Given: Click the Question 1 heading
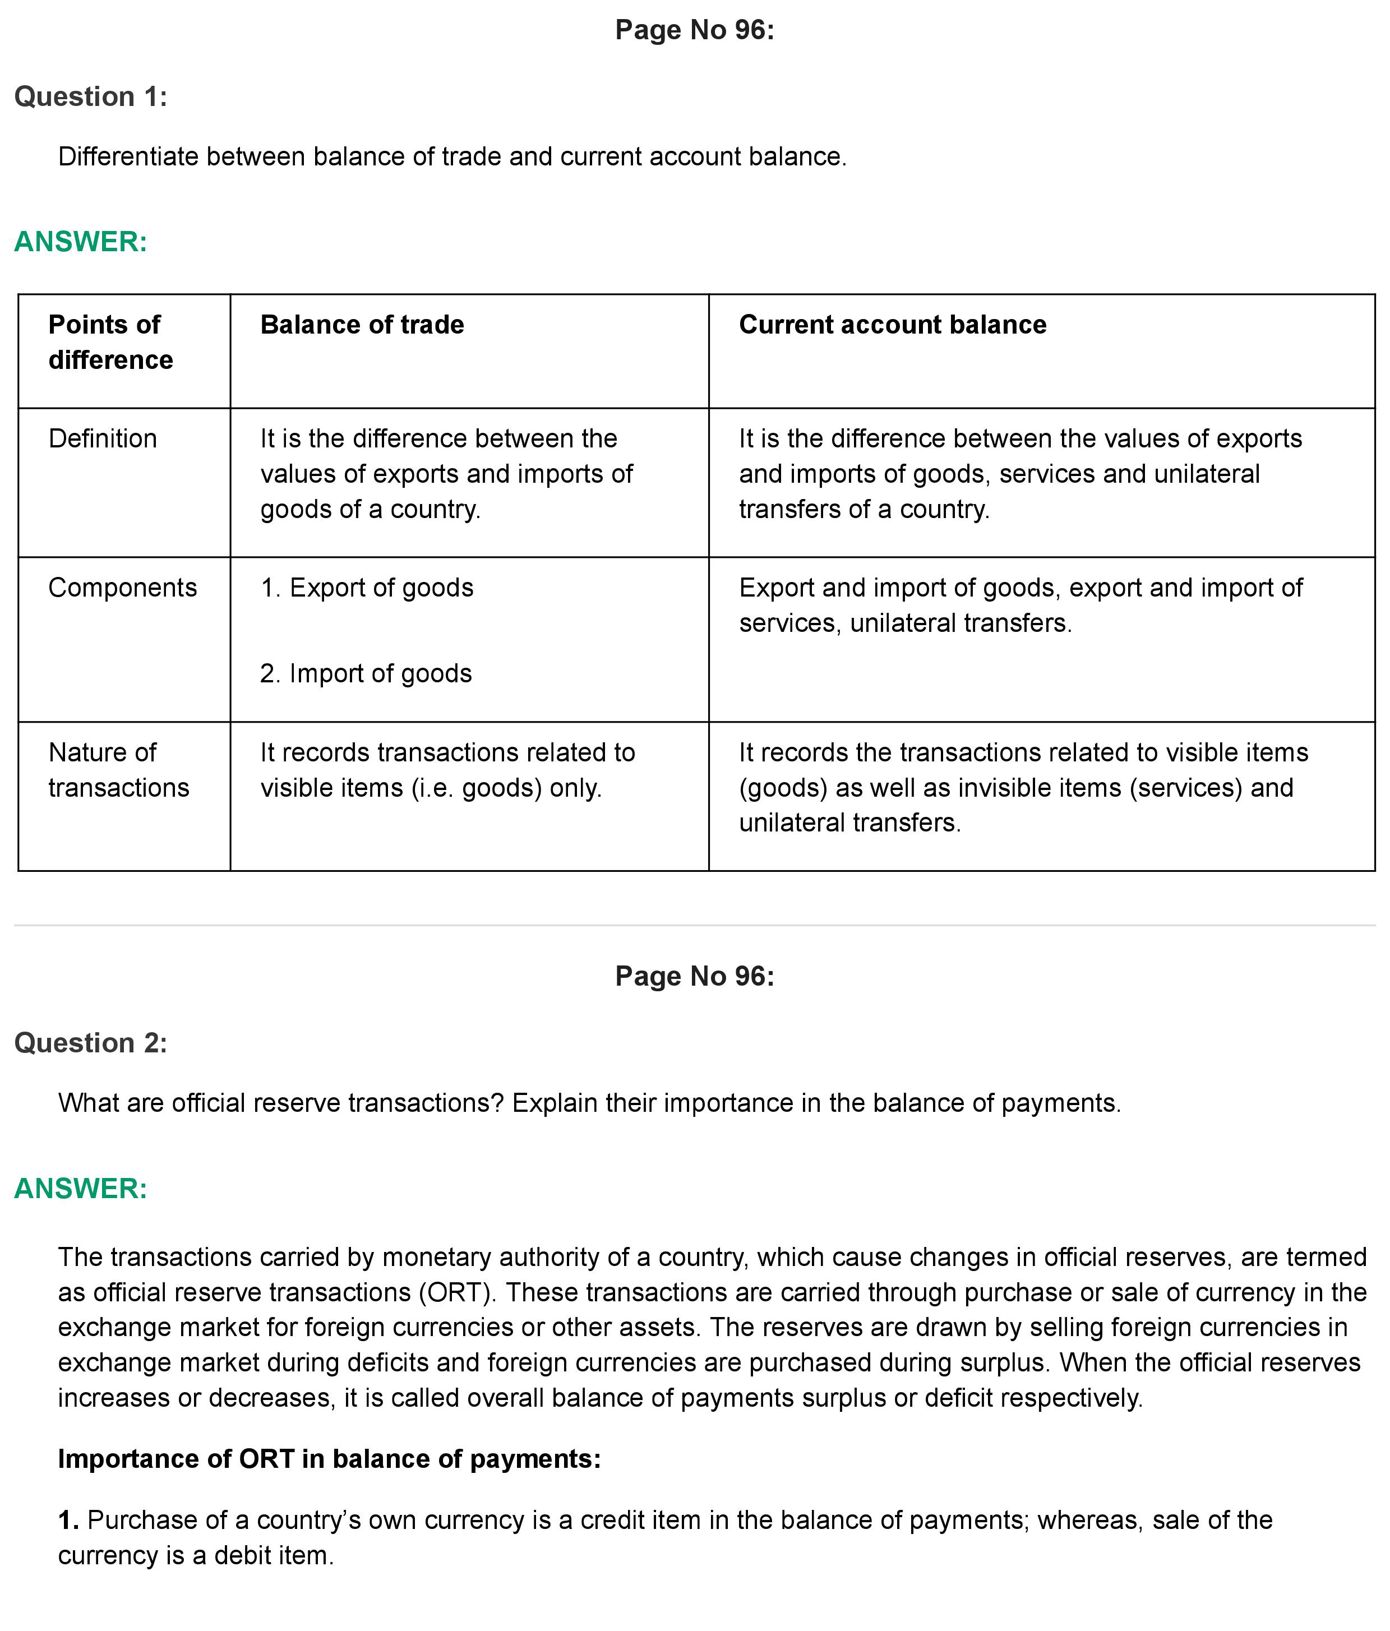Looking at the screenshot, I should coord(90,97).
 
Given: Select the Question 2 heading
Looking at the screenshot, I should coord(90,1043).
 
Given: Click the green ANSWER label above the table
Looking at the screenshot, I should coord(80,242).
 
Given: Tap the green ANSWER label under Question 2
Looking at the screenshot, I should coord(80,1188).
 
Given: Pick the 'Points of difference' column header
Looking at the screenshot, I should coord(110,341).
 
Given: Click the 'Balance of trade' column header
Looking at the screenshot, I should coord(362,324).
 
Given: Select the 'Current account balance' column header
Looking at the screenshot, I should coord(892,324).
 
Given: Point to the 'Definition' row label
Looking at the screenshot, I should coord(102,438).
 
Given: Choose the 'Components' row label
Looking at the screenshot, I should coord(122,587).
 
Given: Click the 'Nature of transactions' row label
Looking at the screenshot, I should coord(118,770).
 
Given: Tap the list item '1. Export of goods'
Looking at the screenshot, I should coord(367,587).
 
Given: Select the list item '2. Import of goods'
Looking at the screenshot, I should coord(366,673).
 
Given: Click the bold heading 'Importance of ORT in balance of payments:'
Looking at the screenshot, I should coord(329,1459).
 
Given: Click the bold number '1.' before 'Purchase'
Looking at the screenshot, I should coord(68,1520).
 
